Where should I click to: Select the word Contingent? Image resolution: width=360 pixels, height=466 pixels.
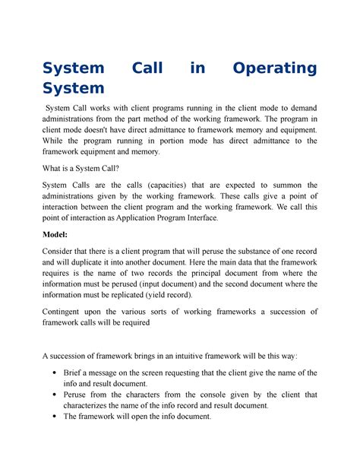70,312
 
